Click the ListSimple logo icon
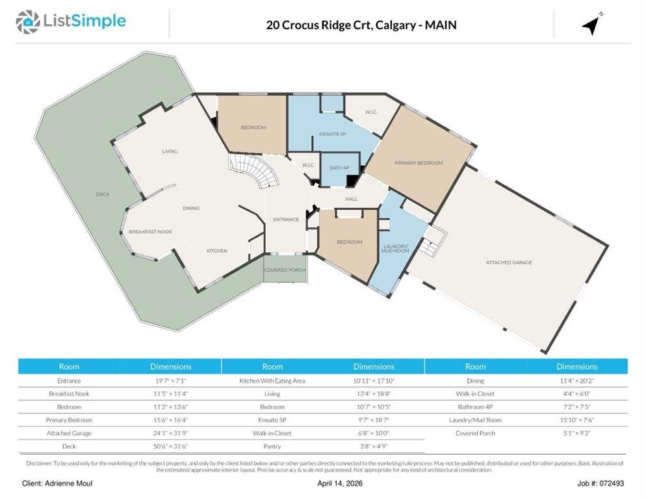pos(27,22)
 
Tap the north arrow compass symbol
pos(592,24)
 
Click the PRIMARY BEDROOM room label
pos(419,163)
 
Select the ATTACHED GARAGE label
pos(509,262)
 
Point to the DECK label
pos(103,194)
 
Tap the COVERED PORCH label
pos(285,270)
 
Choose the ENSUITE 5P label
pos(333,134)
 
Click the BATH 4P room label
pos(339,168)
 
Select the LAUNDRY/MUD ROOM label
pos(395,248)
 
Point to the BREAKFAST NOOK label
pos(150,231)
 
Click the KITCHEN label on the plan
pos(216,251)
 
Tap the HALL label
pos(352,199)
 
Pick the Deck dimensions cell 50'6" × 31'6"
pos(170,446)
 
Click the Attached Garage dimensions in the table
pos(170,433)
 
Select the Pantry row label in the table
pos(272,446)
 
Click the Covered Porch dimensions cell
pos(577,433)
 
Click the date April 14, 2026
pos(340,483)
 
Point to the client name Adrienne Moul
pos(69,483)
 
